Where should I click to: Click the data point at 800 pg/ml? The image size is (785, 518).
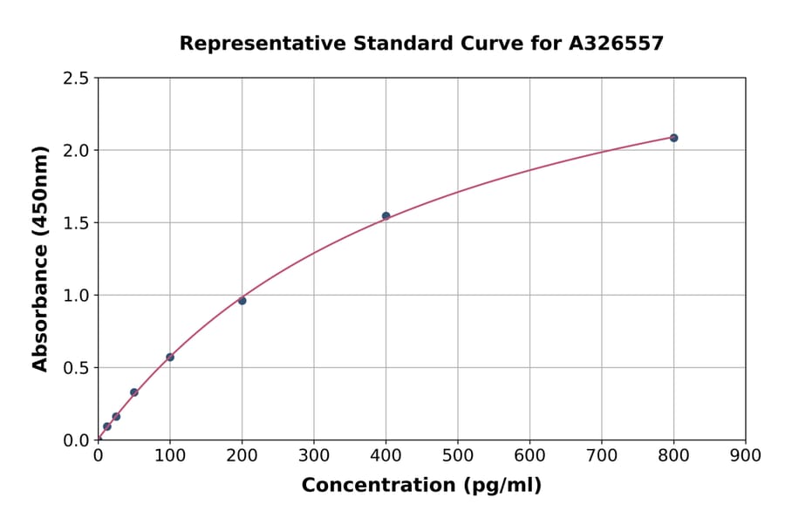(673, 138)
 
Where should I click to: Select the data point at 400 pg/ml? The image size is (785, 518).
(386, 216)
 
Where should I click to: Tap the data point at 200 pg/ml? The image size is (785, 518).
(242, 301)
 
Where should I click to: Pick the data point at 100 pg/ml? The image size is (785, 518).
(170, 357)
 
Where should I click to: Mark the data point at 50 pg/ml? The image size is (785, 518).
(134, 392)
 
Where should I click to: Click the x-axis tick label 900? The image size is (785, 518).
(745, 455)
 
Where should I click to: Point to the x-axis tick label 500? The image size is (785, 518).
(457, 455)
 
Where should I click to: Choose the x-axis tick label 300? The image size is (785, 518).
(314, 455)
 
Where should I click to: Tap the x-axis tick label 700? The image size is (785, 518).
(601, 455)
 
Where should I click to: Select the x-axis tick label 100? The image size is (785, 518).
(170, 455)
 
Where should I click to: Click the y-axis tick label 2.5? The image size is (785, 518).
(76, 78)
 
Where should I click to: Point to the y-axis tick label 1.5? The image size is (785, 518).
(76, 223)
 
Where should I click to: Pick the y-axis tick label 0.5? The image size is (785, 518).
(76, 368)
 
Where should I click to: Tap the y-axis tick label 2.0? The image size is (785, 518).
(76, 151)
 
